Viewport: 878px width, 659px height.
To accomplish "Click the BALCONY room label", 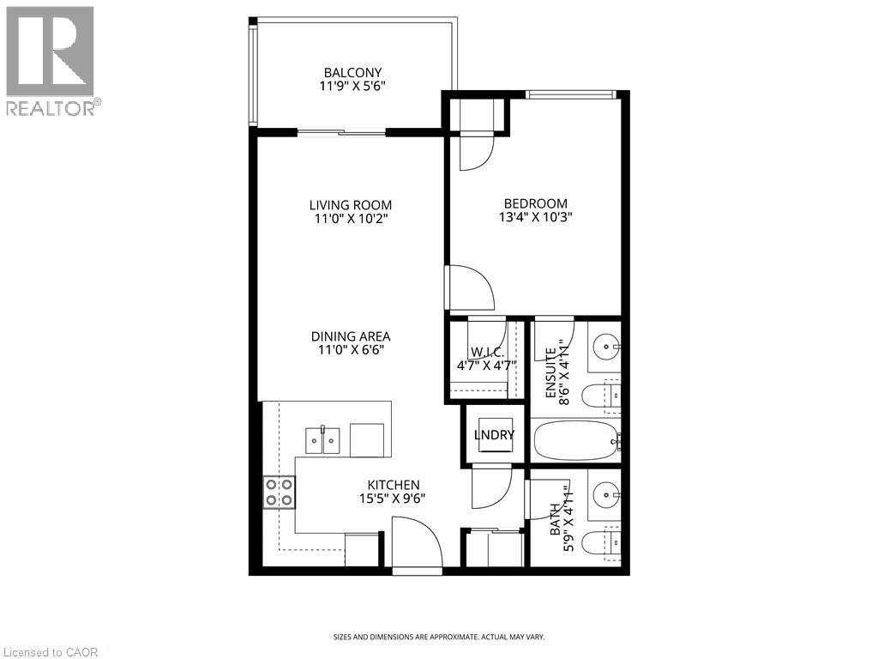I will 352,72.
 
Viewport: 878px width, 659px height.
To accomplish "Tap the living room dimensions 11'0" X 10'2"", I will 351,219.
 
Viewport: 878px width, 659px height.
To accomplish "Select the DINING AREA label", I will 351,336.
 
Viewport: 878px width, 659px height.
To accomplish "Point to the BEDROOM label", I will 536,203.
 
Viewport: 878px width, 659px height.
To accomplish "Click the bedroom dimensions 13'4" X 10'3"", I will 536,217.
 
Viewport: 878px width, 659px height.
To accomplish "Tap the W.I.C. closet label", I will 486,352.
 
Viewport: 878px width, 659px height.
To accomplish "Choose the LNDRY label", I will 495,435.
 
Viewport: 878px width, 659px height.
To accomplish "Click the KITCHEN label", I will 394,485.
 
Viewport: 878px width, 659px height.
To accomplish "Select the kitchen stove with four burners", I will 279,492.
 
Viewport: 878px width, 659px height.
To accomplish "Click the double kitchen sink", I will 322,440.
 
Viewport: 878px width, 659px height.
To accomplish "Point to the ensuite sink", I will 608,348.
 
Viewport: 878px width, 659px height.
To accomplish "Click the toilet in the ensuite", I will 600,396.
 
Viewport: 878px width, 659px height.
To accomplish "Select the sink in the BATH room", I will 608,495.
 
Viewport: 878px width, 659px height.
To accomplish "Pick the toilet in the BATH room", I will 600,542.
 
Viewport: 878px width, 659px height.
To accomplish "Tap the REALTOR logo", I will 51,60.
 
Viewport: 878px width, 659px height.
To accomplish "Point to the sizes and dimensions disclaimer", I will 438,637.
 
